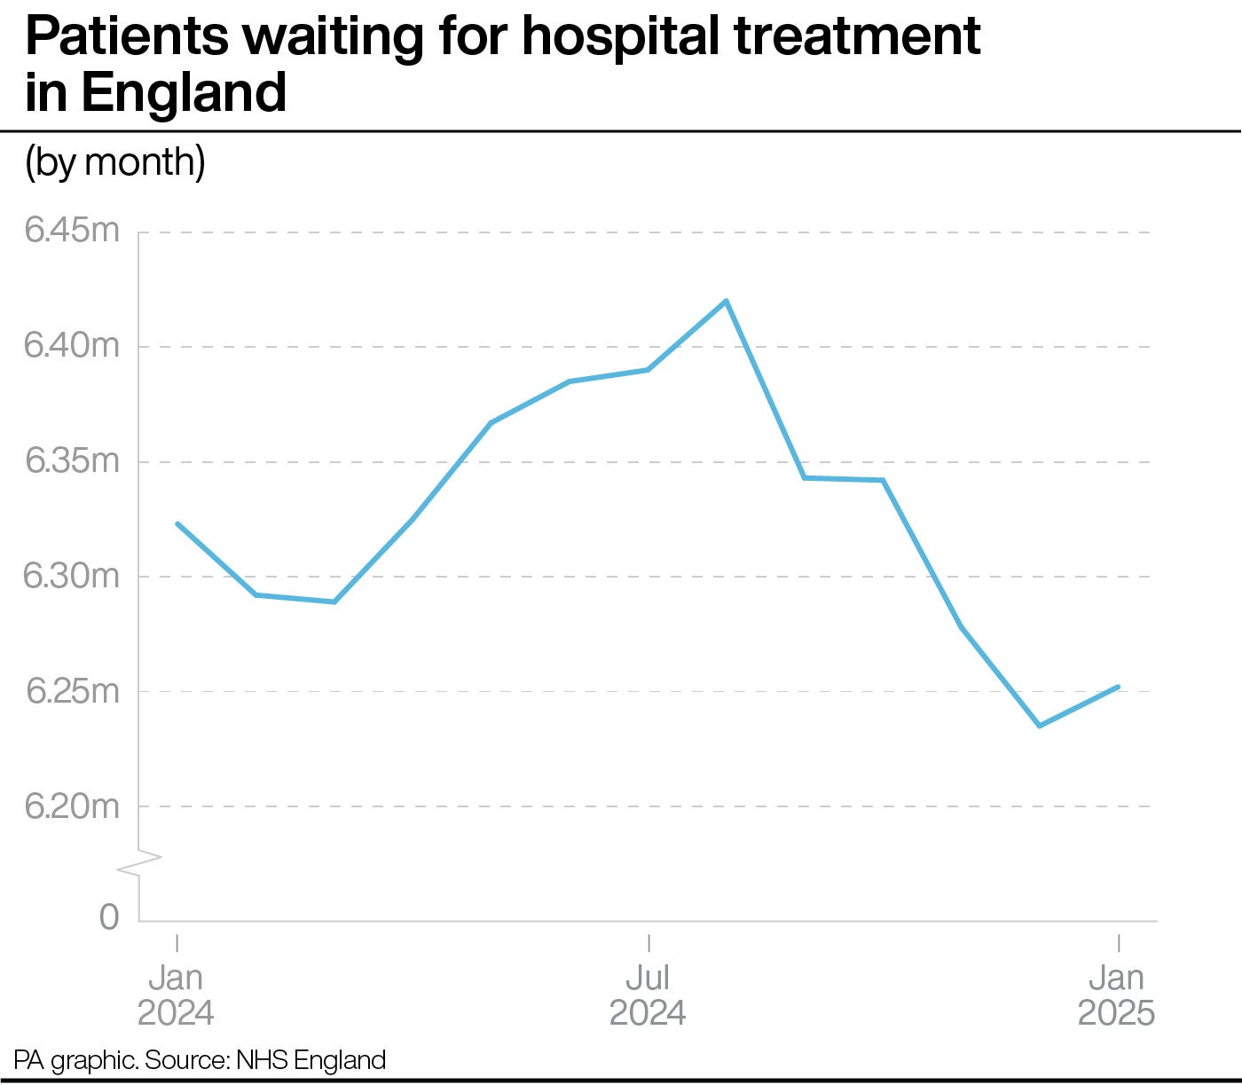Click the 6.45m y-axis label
(71, 231)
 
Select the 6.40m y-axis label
(71, 345)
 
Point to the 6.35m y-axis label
(71, 460)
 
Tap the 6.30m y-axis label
(71, 576)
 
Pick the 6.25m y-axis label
(71, 690)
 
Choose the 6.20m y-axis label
(71, 806)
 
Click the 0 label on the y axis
(109, 916)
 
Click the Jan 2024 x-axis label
(176, 995)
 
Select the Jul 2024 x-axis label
(648, 995)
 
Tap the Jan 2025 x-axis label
(1116, 995)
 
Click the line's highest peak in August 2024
(727, 301)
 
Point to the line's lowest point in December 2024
(1039, 726)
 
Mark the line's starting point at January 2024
(177, 523)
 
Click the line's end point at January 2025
(1118, 687)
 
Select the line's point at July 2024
(649, 370)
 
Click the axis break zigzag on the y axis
(139, 863)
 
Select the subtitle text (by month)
(115, 162)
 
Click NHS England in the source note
(310, 1060)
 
